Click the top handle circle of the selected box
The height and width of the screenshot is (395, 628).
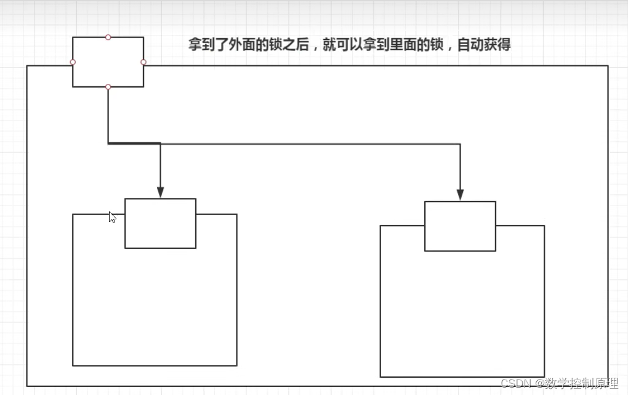point(108,37)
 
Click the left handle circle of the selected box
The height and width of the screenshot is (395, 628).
point(73,62)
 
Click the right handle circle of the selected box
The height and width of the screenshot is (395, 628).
point(143,62)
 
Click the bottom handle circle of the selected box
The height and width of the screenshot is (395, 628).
point(108,87)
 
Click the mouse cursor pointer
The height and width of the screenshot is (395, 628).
point(111,216)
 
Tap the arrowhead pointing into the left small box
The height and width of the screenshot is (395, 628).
point(160,192)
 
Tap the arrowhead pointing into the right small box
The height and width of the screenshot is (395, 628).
point(460,195)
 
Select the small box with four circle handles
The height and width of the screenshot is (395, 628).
point(108,62)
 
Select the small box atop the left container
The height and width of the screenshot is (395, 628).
point(160,223)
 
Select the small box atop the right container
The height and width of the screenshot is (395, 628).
point(460,226)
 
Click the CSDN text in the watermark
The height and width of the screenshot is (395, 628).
point(516,383)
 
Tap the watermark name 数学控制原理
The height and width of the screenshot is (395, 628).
point(581,383)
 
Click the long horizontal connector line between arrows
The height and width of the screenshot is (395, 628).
point(308,144)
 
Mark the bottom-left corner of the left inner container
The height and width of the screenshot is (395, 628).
point(73,365)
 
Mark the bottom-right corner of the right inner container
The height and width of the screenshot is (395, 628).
point(544,377)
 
